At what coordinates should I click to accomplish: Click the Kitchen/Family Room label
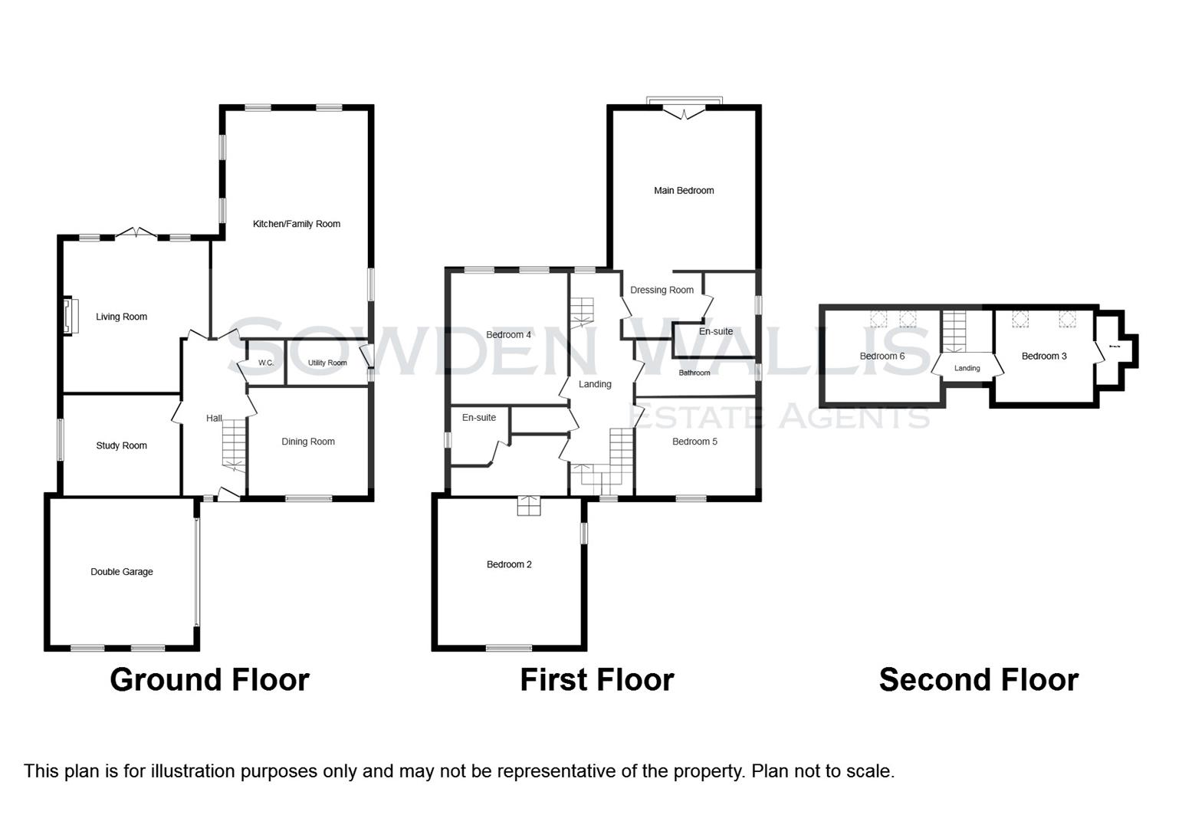(297, 224)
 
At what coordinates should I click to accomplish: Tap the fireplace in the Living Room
(70, 316)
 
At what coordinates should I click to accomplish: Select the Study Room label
(121, 445)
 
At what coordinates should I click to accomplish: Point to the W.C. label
(266, 363)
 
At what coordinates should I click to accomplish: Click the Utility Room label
(327, 363)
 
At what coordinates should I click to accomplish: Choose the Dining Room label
(308, 442)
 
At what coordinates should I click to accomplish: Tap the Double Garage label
(122, 572)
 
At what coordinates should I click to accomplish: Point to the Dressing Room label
(662, 290)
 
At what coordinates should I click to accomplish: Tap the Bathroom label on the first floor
(694, 373)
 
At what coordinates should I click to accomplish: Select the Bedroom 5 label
(694, 442)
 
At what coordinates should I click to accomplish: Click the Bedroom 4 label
(508, 335)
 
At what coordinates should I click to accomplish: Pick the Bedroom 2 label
(509, 564)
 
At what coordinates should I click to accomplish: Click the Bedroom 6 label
(882, 356)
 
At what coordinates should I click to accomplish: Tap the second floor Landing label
(967, 368)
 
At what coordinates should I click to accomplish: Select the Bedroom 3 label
(1044, 356)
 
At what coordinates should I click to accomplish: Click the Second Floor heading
(978, 680)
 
